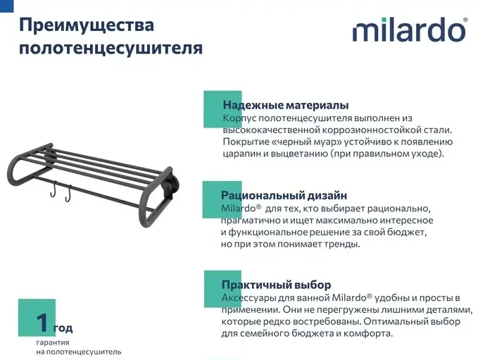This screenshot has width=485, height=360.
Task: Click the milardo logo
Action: pyautogui.click(x=409, y=30)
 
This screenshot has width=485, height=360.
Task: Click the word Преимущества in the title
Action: pyautogui.click(x=87, y=25)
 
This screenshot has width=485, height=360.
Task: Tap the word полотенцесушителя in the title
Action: pyautogui.click(x=111, y=49)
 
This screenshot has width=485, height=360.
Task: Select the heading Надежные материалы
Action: pyautogui.click(x=286, y=105)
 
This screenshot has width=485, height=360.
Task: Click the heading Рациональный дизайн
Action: pyautogui.click(x=284, y=196)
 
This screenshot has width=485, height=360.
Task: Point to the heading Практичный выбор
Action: pyautogui.click(x=276, y=285)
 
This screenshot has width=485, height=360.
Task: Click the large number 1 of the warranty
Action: pyautogui.click(x=42, y=323)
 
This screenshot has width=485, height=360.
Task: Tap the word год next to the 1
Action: pyautogui.click(x=63, y=328)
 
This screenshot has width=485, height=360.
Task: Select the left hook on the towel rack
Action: pyautogui.click(x=53, y=189)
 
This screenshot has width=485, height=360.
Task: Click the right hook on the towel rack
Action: pyautogui.click(x=68, y=194)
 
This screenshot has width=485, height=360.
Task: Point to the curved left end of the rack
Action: pyautogui.click(x=15, y=170)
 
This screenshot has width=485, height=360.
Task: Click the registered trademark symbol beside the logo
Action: pyautogui.click(x=465, y=20)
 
